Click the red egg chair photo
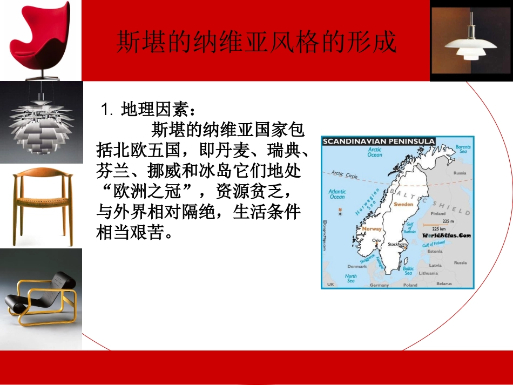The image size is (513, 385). pyautogui.click(x=41, y=40)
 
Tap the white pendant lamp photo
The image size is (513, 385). pyautogui.click(x=471, y=41)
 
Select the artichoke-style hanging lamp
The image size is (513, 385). pyautogui.click(x=41, y=123)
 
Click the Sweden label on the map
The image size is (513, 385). pyautogui.click(x=404, y=205)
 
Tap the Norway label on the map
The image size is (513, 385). pyautogui.click(x=372, y=229)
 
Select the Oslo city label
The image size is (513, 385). pyautogui.click(x=377, y=240)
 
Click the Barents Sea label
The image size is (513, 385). pyautogui.click(x=463, y=150)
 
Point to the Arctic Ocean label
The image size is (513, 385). pyautogui.click(x=375, y=152)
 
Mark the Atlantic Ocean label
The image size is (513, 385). pyautogui.click(x=337, y=194)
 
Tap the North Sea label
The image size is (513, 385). pyautogui.click(x=351, y=279)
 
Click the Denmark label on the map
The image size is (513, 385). pyautogui.click(x=357, y=266)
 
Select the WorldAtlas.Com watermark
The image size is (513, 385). pyautogui.click(x=446, y=235)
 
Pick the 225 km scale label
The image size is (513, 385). pyautogui.click(x=447, y=228)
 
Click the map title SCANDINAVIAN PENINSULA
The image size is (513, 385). pyautogui.click(x=378, y=141)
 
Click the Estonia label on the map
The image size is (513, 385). pyautogui.click(x=435, y=252)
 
